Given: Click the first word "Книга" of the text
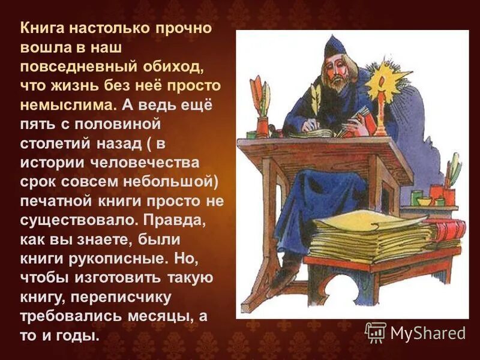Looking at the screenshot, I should (43, 28).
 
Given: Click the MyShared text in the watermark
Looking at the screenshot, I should (427, 332).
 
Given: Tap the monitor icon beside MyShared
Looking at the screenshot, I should (376, 332).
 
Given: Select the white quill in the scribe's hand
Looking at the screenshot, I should (314, 100).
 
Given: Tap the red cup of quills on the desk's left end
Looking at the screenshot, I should (263, 127).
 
